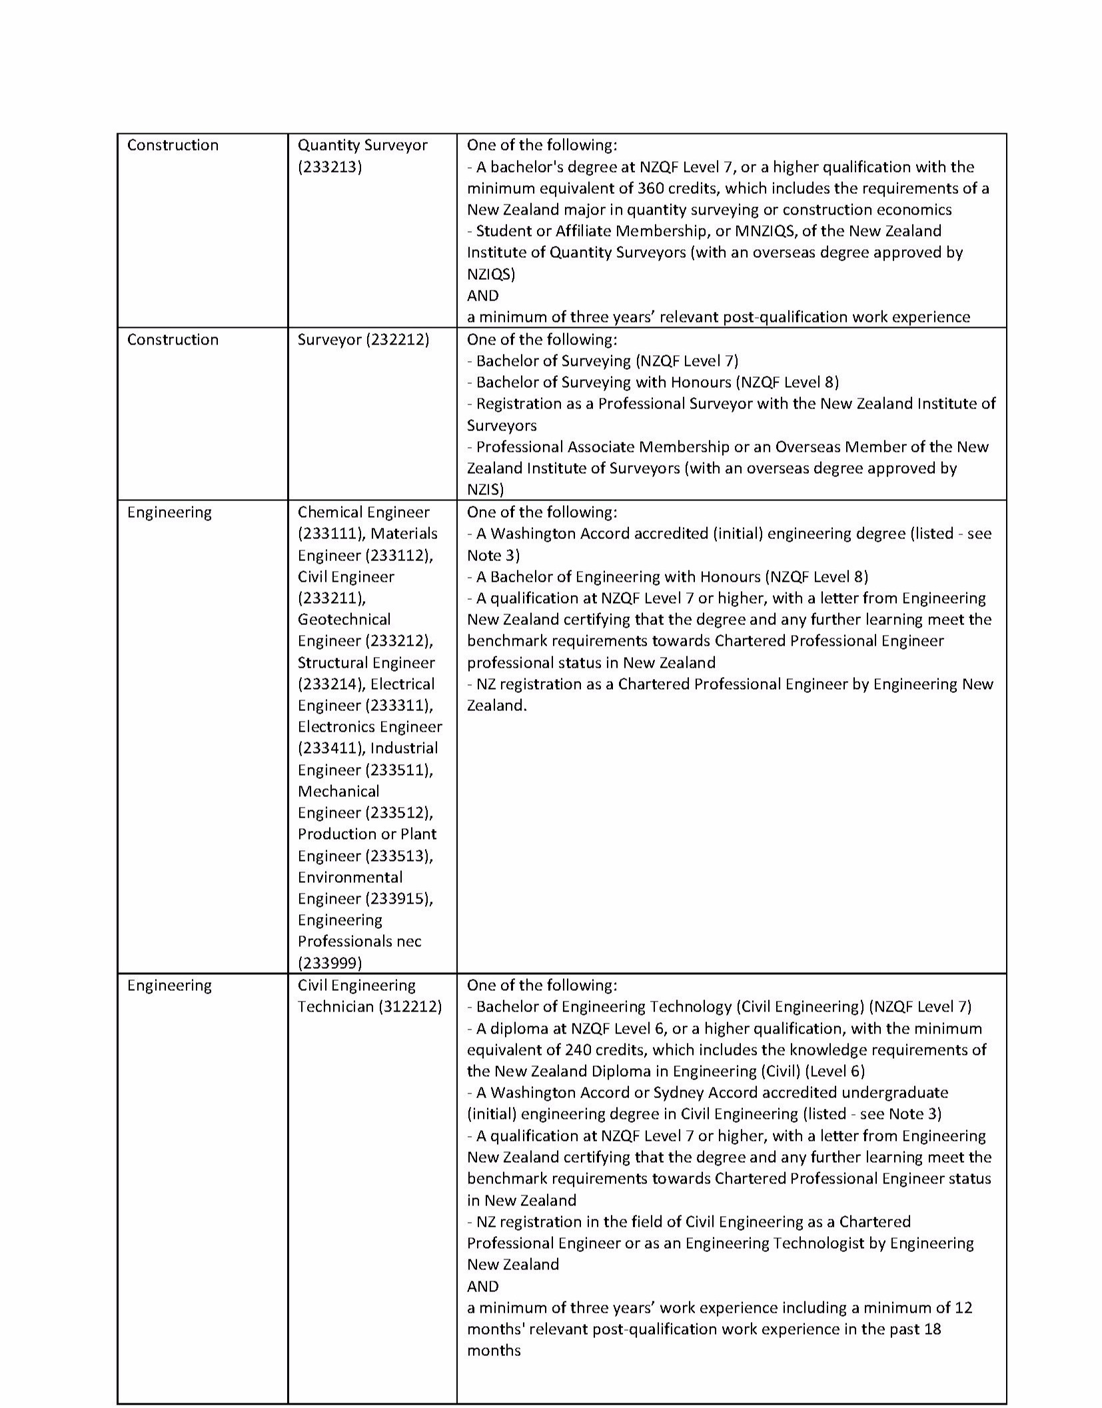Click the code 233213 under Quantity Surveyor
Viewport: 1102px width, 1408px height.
330,167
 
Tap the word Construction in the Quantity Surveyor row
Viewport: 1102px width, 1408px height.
173,145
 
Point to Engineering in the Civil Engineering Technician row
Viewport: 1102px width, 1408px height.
169,985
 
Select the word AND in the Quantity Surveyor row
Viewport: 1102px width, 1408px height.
482,295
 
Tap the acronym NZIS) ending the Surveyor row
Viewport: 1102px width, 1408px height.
485,490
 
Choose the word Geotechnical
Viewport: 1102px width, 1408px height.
344,619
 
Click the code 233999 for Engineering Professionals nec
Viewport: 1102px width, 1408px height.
330,963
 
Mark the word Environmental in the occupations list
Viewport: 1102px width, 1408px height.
350,877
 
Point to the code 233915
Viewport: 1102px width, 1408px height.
398,898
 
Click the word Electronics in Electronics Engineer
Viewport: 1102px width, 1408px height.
332,726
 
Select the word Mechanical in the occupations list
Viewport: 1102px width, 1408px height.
338,791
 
